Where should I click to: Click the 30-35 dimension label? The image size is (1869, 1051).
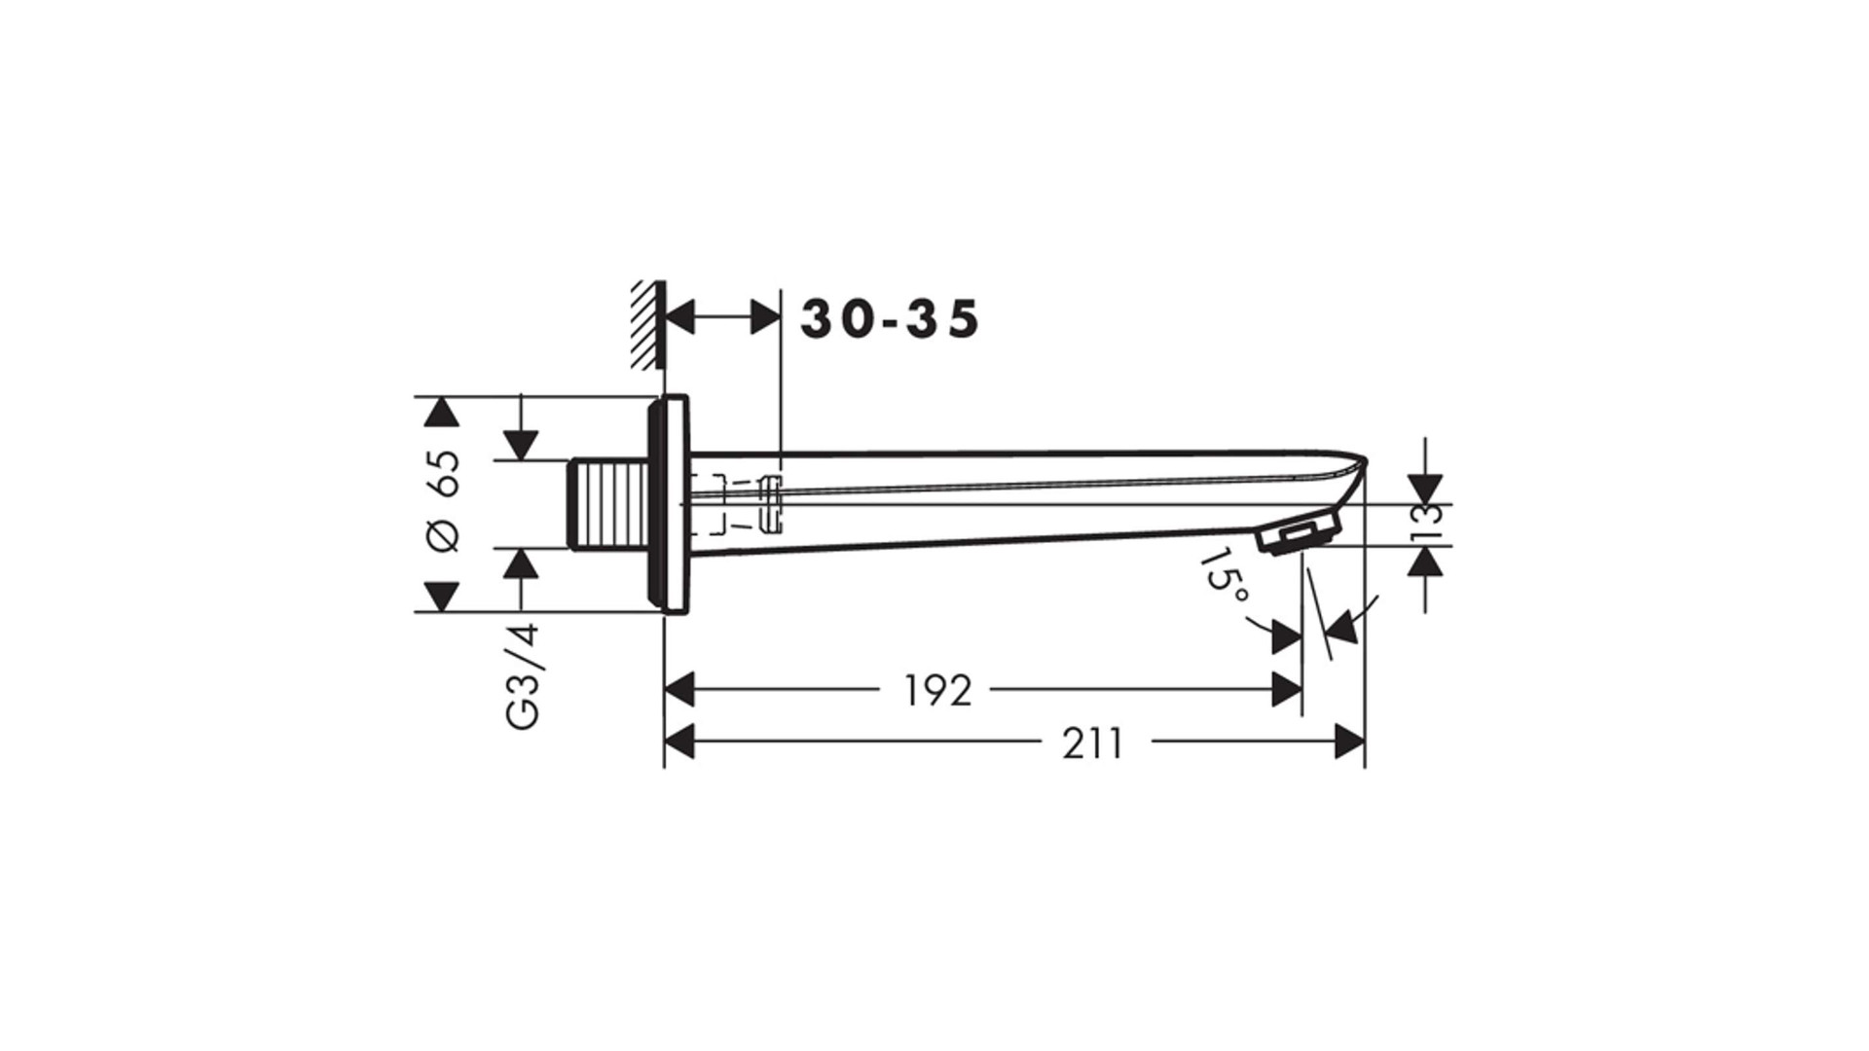click(x=890, y=319)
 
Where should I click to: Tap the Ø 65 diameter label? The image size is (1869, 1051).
click(x=444, y=502)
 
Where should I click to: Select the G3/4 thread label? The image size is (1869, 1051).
click(x=523, y=676)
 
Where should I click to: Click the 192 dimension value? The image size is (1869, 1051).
click(x=937, y=690)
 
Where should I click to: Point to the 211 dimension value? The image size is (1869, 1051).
click(x=1092, y=743)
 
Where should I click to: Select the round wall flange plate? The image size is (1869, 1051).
click(x=669, y=504)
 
